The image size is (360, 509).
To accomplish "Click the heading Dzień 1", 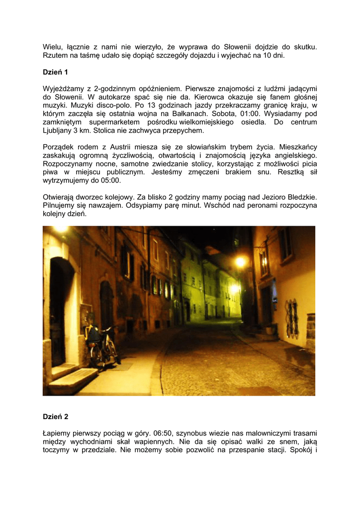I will coord(55,72).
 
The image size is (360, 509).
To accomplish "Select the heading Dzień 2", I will coord(55,417).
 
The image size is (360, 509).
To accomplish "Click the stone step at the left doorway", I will coord(73,381).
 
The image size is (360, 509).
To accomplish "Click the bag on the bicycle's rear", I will coord(93,335).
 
